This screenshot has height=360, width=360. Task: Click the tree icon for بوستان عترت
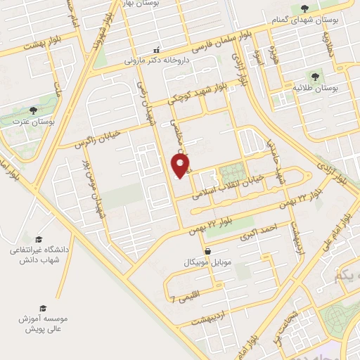[x=33, y=110]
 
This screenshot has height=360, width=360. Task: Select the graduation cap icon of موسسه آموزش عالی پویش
[x=42, y=308]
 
